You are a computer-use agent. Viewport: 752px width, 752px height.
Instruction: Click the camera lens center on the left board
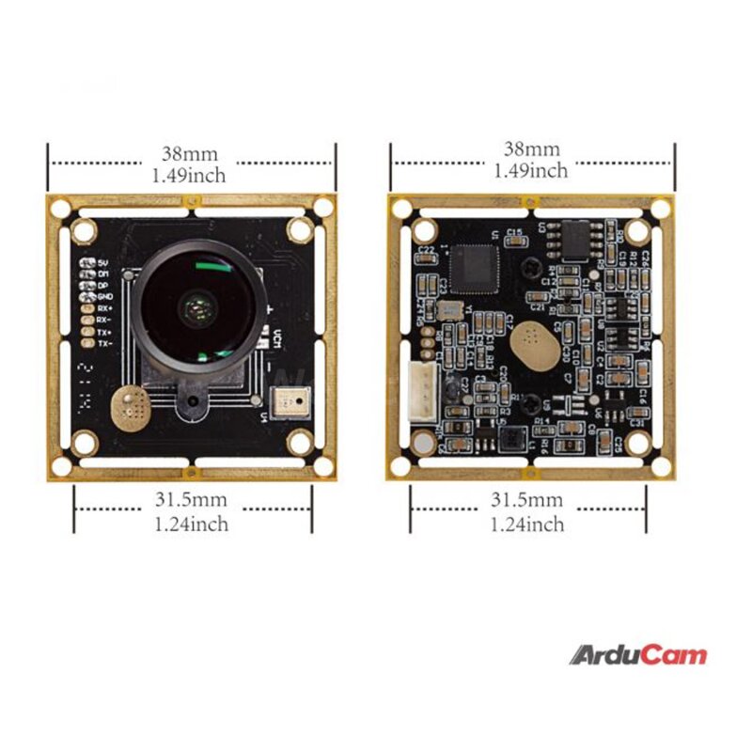[196, 304]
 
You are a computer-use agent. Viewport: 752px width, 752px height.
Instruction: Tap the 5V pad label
[103, 262]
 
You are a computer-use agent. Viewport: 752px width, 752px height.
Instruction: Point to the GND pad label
[104, 296]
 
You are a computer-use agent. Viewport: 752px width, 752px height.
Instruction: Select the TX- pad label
[104, 344]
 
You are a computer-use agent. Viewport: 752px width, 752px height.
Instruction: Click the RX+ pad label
[104, 308]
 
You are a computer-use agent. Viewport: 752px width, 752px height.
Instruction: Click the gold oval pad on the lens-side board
[128, 406]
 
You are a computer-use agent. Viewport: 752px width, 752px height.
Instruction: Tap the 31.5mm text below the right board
[527, 500]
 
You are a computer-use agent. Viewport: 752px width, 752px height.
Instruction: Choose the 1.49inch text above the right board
[531, 171]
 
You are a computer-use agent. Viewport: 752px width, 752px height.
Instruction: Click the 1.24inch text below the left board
[191, 525]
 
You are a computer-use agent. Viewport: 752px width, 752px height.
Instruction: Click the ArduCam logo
[637, 655]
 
